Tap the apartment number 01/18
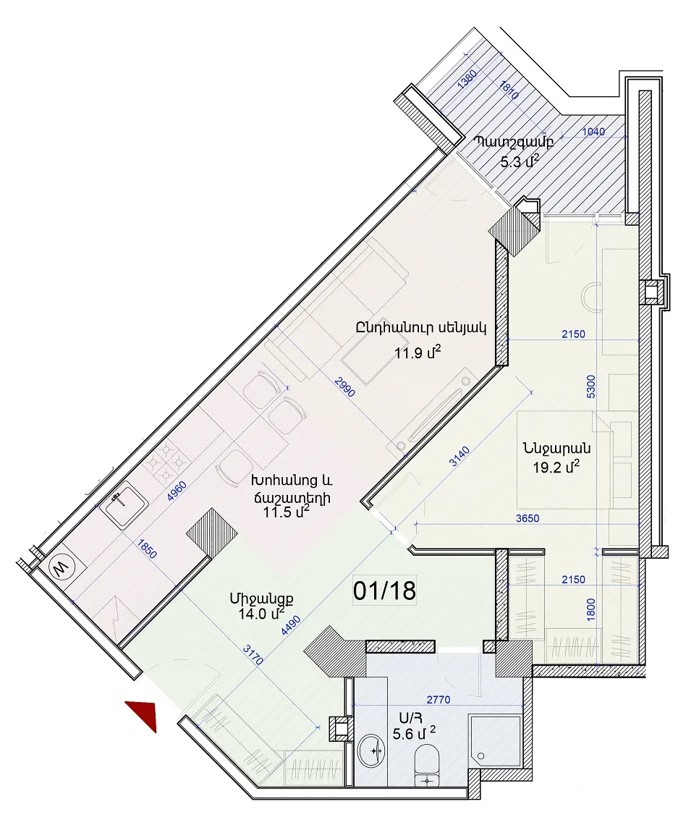[x=384, y=591]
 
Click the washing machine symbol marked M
[x=62, y=567]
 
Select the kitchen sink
[x=123, y=504]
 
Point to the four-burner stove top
[x=165, y=461]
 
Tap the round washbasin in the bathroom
[x=372, y=751]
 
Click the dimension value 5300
[x=590, y=386]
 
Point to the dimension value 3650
[x=528, y=518]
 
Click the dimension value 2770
[x=438, y=700]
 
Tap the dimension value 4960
[x=177, y=491]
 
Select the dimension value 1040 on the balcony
[x=594, y=132]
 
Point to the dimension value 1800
[x=590, y=610]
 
